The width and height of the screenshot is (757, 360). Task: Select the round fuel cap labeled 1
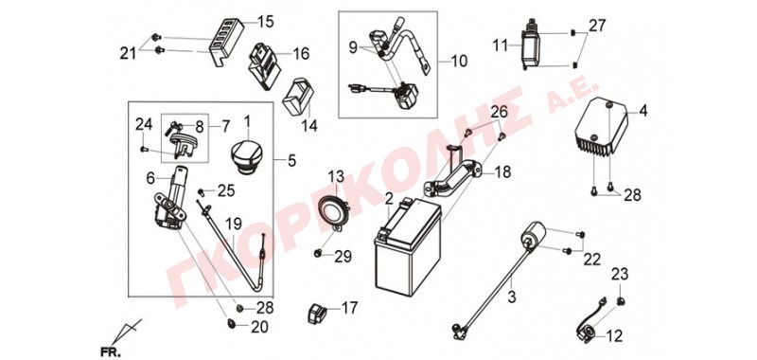[247, 153]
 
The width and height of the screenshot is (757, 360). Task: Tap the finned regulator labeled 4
[601, 127]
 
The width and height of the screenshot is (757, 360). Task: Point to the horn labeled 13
[334, 210]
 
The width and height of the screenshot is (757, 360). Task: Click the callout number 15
[266, 22]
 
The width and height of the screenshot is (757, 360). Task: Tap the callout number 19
[234, 225]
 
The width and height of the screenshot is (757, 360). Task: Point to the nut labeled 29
[318, 254]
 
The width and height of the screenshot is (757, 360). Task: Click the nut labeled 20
[232, 323]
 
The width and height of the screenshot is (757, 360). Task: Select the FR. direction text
[111, 351]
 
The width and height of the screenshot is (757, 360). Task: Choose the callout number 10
[459, 62]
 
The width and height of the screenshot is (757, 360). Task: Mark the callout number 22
[592, 260]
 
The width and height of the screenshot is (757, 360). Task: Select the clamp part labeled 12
[588, 333]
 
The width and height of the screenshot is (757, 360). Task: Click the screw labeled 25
[202, 192]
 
